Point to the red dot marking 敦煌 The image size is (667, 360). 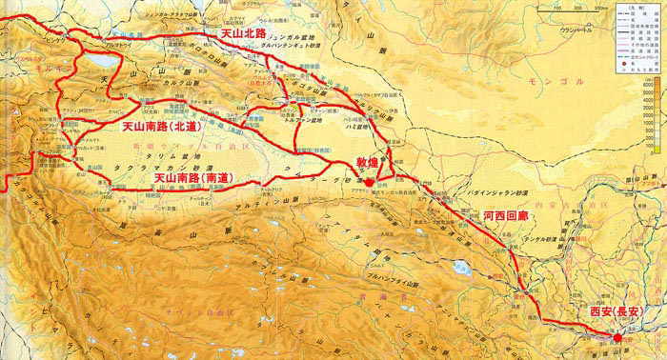369,181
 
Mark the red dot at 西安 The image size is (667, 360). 616,338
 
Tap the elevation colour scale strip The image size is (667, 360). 646,114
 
